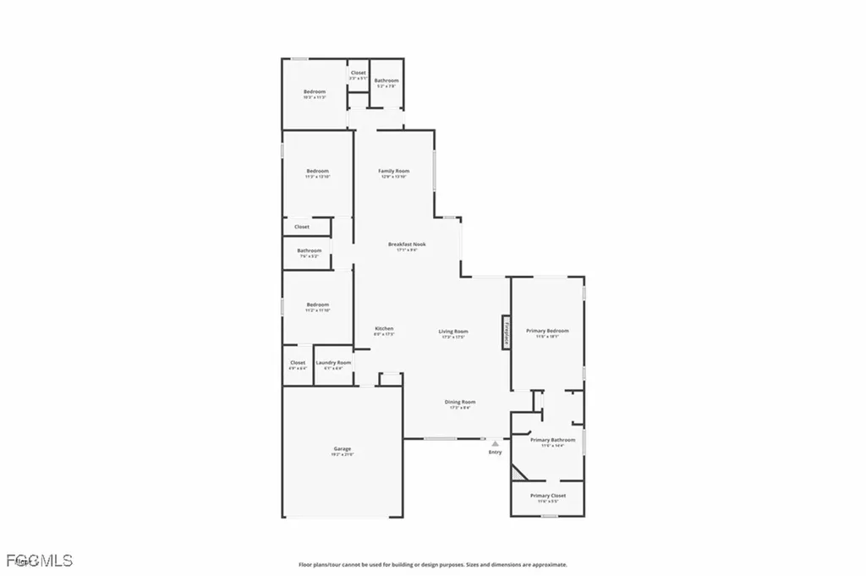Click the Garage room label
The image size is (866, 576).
(342, 449)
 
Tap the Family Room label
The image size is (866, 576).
(393, 172)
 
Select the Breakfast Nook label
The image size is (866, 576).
(407, 244)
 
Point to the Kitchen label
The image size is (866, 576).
(384, 329)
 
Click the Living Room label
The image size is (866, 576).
(453, 332)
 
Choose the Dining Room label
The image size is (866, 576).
(460, 403)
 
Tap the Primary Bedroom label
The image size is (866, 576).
(547, 331)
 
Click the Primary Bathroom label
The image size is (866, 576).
(552, 440)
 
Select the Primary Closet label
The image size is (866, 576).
(547, 496)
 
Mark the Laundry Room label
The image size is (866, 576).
(333, 363)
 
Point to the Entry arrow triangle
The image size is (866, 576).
(496, 442)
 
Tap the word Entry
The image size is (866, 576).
(496, 453)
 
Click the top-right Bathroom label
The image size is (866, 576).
(386, 81)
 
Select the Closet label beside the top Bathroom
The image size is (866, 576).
(359, 74)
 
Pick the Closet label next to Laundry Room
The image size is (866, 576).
(298, 363)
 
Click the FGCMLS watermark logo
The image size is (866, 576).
(39, 560)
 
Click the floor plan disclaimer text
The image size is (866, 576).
(432, 564)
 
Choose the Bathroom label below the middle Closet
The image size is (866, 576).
(309, 251)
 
